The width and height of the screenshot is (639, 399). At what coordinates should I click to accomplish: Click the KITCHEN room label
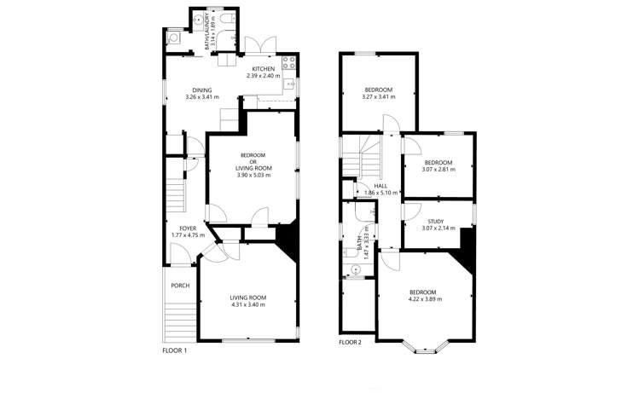pyautogui.click(x=263, y=69)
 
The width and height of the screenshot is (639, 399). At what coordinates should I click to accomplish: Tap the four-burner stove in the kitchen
pyautogui.click(x=288, y=61)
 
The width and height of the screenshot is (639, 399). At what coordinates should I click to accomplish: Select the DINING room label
pyautogui.click(x=202, y=90)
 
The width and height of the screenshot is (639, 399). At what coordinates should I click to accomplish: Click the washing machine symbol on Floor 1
pyautogui.click(x=173, y=38)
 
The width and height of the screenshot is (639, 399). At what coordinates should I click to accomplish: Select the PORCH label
pyautogui.click(x=180, y=286)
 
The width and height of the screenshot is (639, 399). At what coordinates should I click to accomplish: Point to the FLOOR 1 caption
pyautogui.click(x=174, y=350)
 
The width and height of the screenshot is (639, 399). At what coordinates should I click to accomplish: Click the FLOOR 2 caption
pyautogui.click(x=350, y=343)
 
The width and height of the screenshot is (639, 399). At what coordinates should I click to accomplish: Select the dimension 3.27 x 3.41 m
pyautogui.click(x=379, y=97)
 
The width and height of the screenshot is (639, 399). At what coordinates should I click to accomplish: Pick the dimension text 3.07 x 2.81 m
pyautogui.click(x=438, y=169)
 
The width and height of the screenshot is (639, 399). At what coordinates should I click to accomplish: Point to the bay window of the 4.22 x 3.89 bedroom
pyautogui.click(x=424, y=345)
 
